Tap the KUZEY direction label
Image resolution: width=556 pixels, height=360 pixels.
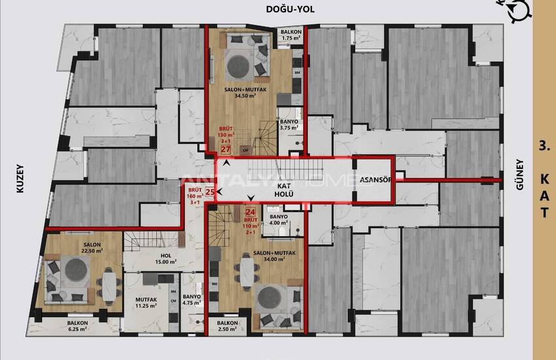pyautogui.click(x=20, y=178)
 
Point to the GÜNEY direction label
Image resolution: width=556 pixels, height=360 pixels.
pyautogui.click(x=521, y=176)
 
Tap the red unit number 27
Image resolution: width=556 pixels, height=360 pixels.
pyautogui.click(x=226, y=149)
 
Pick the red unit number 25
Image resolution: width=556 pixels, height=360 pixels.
pyautogui.click(x=210, y=192)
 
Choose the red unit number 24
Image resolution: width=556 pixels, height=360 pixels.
pyautogui.click(x=250, y=211)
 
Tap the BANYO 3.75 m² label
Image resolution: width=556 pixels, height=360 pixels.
pyautogui.click(x=288, y=125)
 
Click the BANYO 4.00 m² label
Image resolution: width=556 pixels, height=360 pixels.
pyautogui.click(x=279, y=219)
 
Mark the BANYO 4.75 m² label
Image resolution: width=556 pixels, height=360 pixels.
pyautogui.click(x=192, y=300)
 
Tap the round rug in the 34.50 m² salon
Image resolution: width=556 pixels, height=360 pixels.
pyautogui.click(x=238, y=65)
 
